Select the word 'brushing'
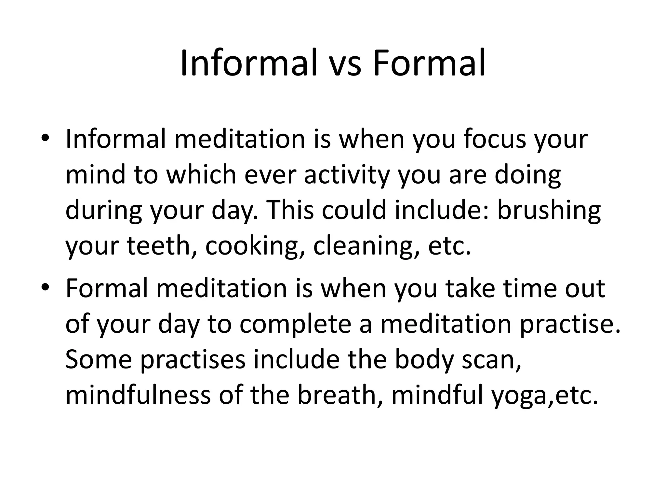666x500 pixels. [549, 210]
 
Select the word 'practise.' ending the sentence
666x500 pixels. [570, 324]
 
